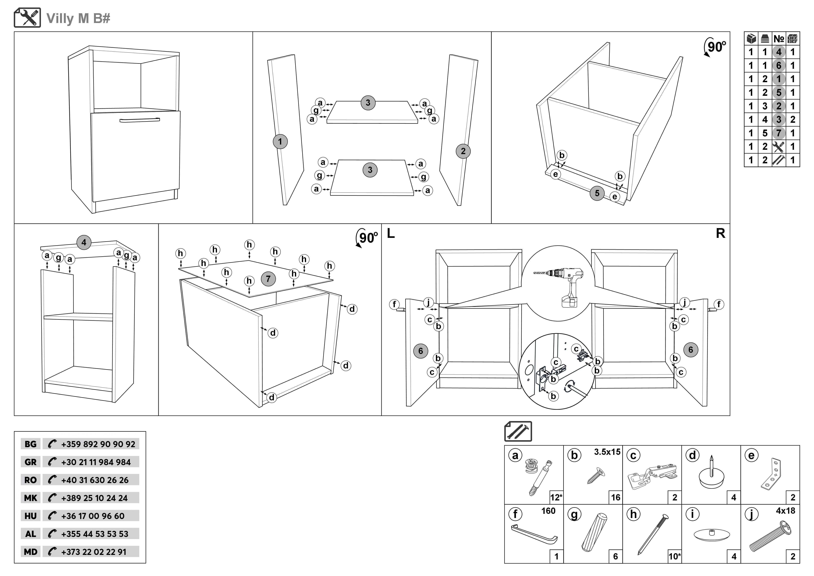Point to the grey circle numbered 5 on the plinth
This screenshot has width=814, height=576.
tap(597, 193)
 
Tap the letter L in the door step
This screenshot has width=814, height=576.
tap(391, 233)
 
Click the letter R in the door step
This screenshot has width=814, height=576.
tap(720, 233)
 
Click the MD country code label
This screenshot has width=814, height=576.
tap(30, 552)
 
